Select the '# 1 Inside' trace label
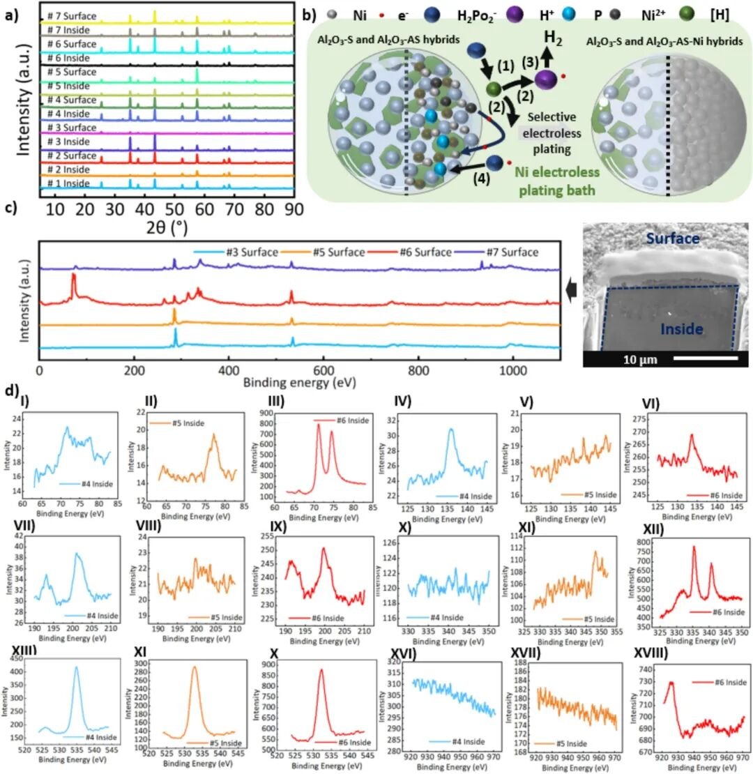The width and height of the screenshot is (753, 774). (x=68, y=183)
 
